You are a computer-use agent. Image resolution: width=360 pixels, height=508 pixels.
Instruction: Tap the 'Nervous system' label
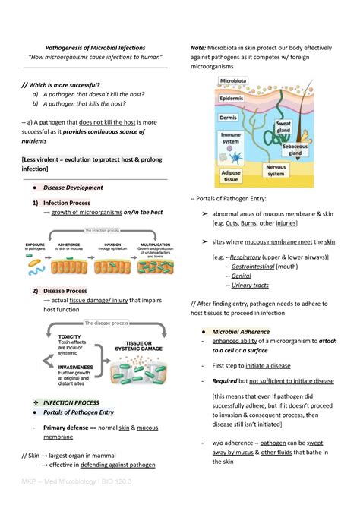276,169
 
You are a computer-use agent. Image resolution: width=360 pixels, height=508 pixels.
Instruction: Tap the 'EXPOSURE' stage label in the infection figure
36,235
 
